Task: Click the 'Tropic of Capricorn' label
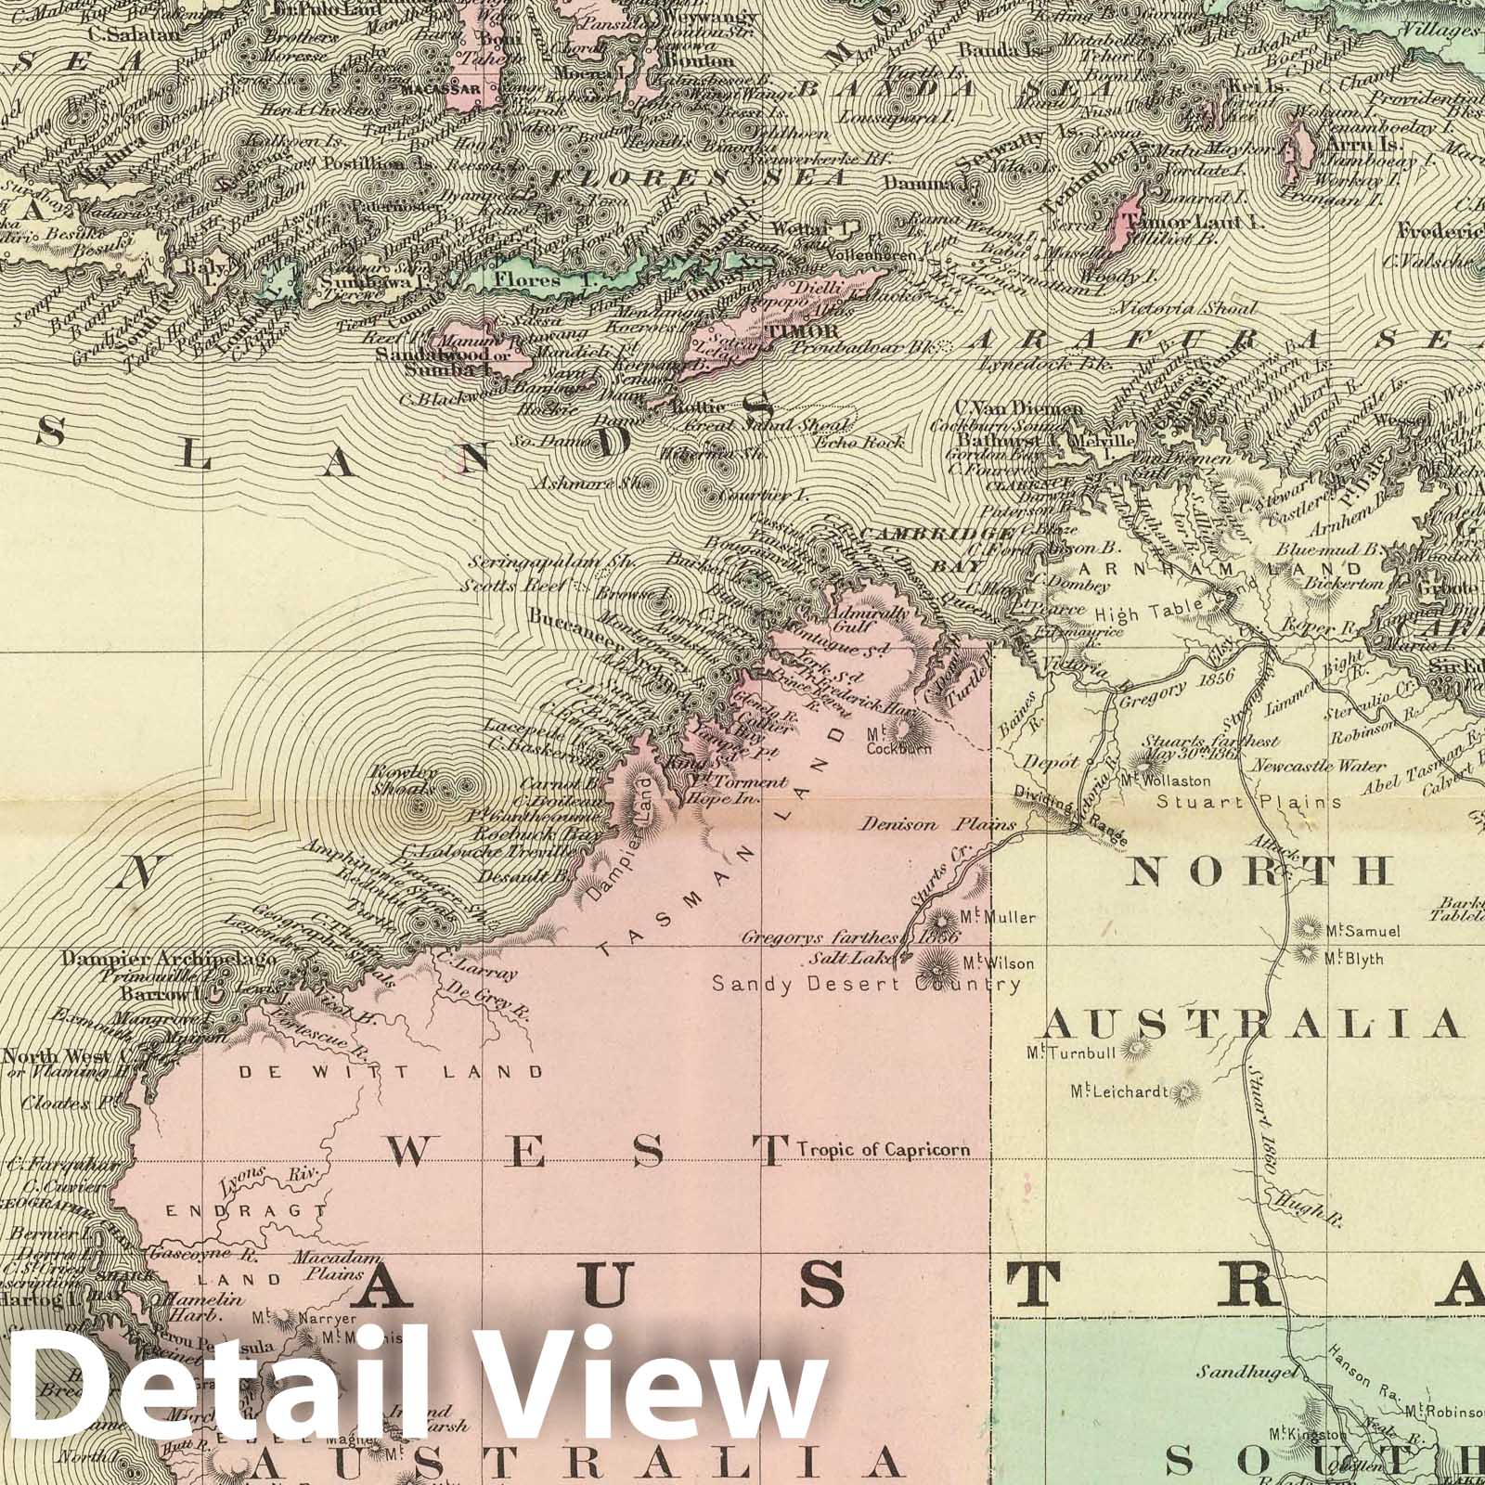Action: (x=884, y=1150)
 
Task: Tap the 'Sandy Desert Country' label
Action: (x=866, y=985)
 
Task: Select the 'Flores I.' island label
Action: (x=526, y=278)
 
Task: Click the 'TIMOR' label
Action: (x=789, y=329)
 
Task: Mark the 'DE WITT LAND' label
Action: (x=391, y=1072)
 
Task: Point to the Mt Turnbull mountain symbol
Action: (x=1133, y=1050)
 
